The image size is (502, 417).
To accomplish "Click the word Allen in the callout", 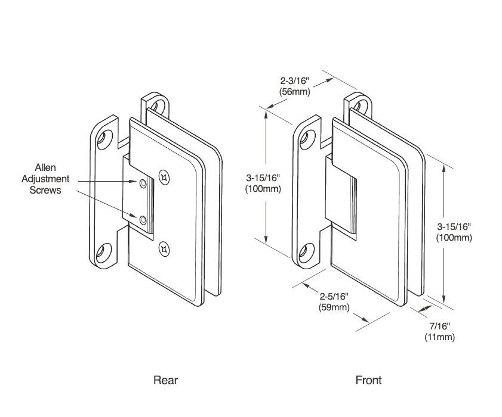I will pyautogui.click(x=45, y=169).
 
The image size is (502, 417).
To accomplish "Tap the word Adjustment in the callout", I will pyautogui.click(x=45, y=179).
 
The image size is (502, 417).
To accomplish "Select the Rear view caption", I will pyautogui.click(x=165, y=380).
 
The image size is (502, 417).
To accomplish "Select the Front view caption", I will pyautogui.click(x=368, y=380).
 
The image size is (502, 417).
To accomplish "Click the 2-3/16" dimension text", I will pyautogui.click(x=297, y=80).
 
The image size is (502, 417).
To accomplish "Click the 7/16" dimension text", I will pyautogui.click(x=439, y=326).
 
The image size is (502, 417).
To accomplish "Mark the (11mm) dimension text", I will pyautogui.click(x=439, y=337).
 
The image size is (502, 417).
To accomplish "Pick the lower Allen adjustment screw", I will pyautogui.click(x=143, y=222).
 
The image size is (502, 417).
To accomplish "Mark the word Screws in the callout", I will pyautogui.click(x=45, y=190).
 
